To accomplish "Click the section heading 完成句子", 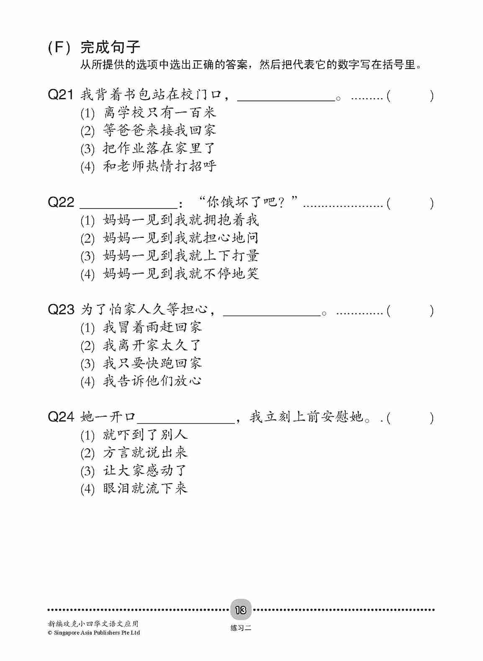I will click(x=110, y=47).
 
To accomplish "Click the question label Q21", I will click(x=61, y=95).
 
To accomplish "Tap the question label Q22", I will click(x=61, y=203).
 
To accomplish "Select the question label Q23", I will click(x=61, y=310).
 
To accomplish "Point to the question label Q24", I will click(x=61, y=417).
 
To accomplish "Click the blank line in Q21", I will click(x=286, y=99).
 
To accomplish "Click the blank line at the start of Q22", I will click(x=128, y=206).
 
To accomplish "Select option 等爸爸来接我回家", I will click(x=159, y=130).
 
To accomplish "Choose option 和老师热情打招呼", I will click(x=159, y=166).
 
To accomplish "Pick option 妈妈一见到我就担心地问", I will click(x=181, y=238).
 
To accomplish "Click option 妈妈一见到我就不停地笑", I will click(x=181, y=274).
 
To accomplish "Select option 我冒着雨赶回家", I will click(x=152, y=327).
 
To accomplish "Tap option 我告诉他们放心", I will click(x=152, y=381).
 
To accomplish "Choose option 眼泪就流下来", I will click(x=145, y=488).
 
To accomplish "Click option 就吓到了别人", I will click(x=145, y=435).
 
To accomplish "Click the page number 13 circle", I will click(x=241, y=610).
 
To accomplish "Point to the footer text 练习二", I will click(x=241, y=628).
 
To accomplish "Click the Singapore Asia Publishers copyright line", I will click(x=94, y=633).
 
